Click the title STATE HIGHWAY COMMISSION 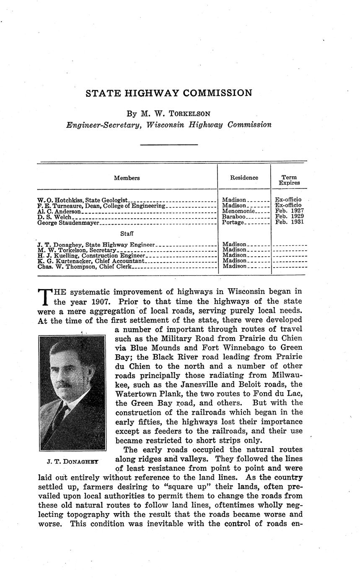169,93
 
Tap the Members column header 127,178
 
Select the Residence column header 244,178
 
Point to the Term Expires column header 289,180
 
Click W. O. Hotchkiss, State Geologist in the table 82,201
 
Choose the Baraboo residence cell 234,217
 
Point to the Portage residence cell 233,222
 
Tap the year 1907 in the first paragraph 100,301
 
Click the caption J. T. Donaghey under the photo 73,462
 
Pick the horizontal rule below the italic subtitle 169,145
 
